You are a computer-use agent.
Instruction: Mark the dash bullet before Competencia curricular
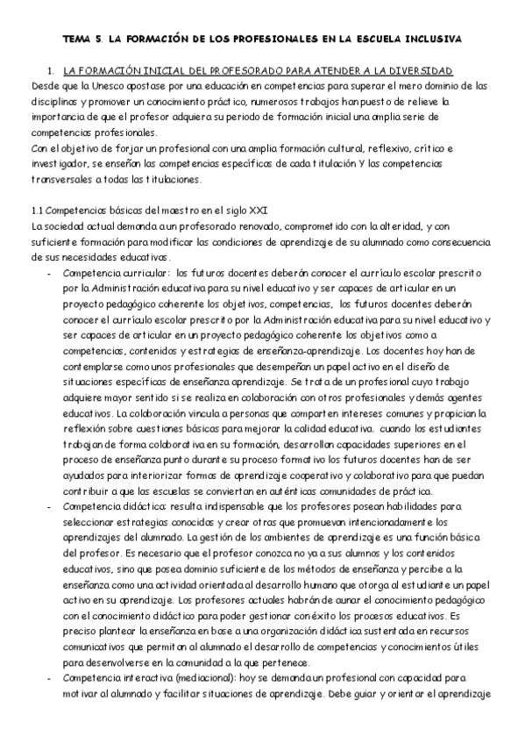48,274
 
